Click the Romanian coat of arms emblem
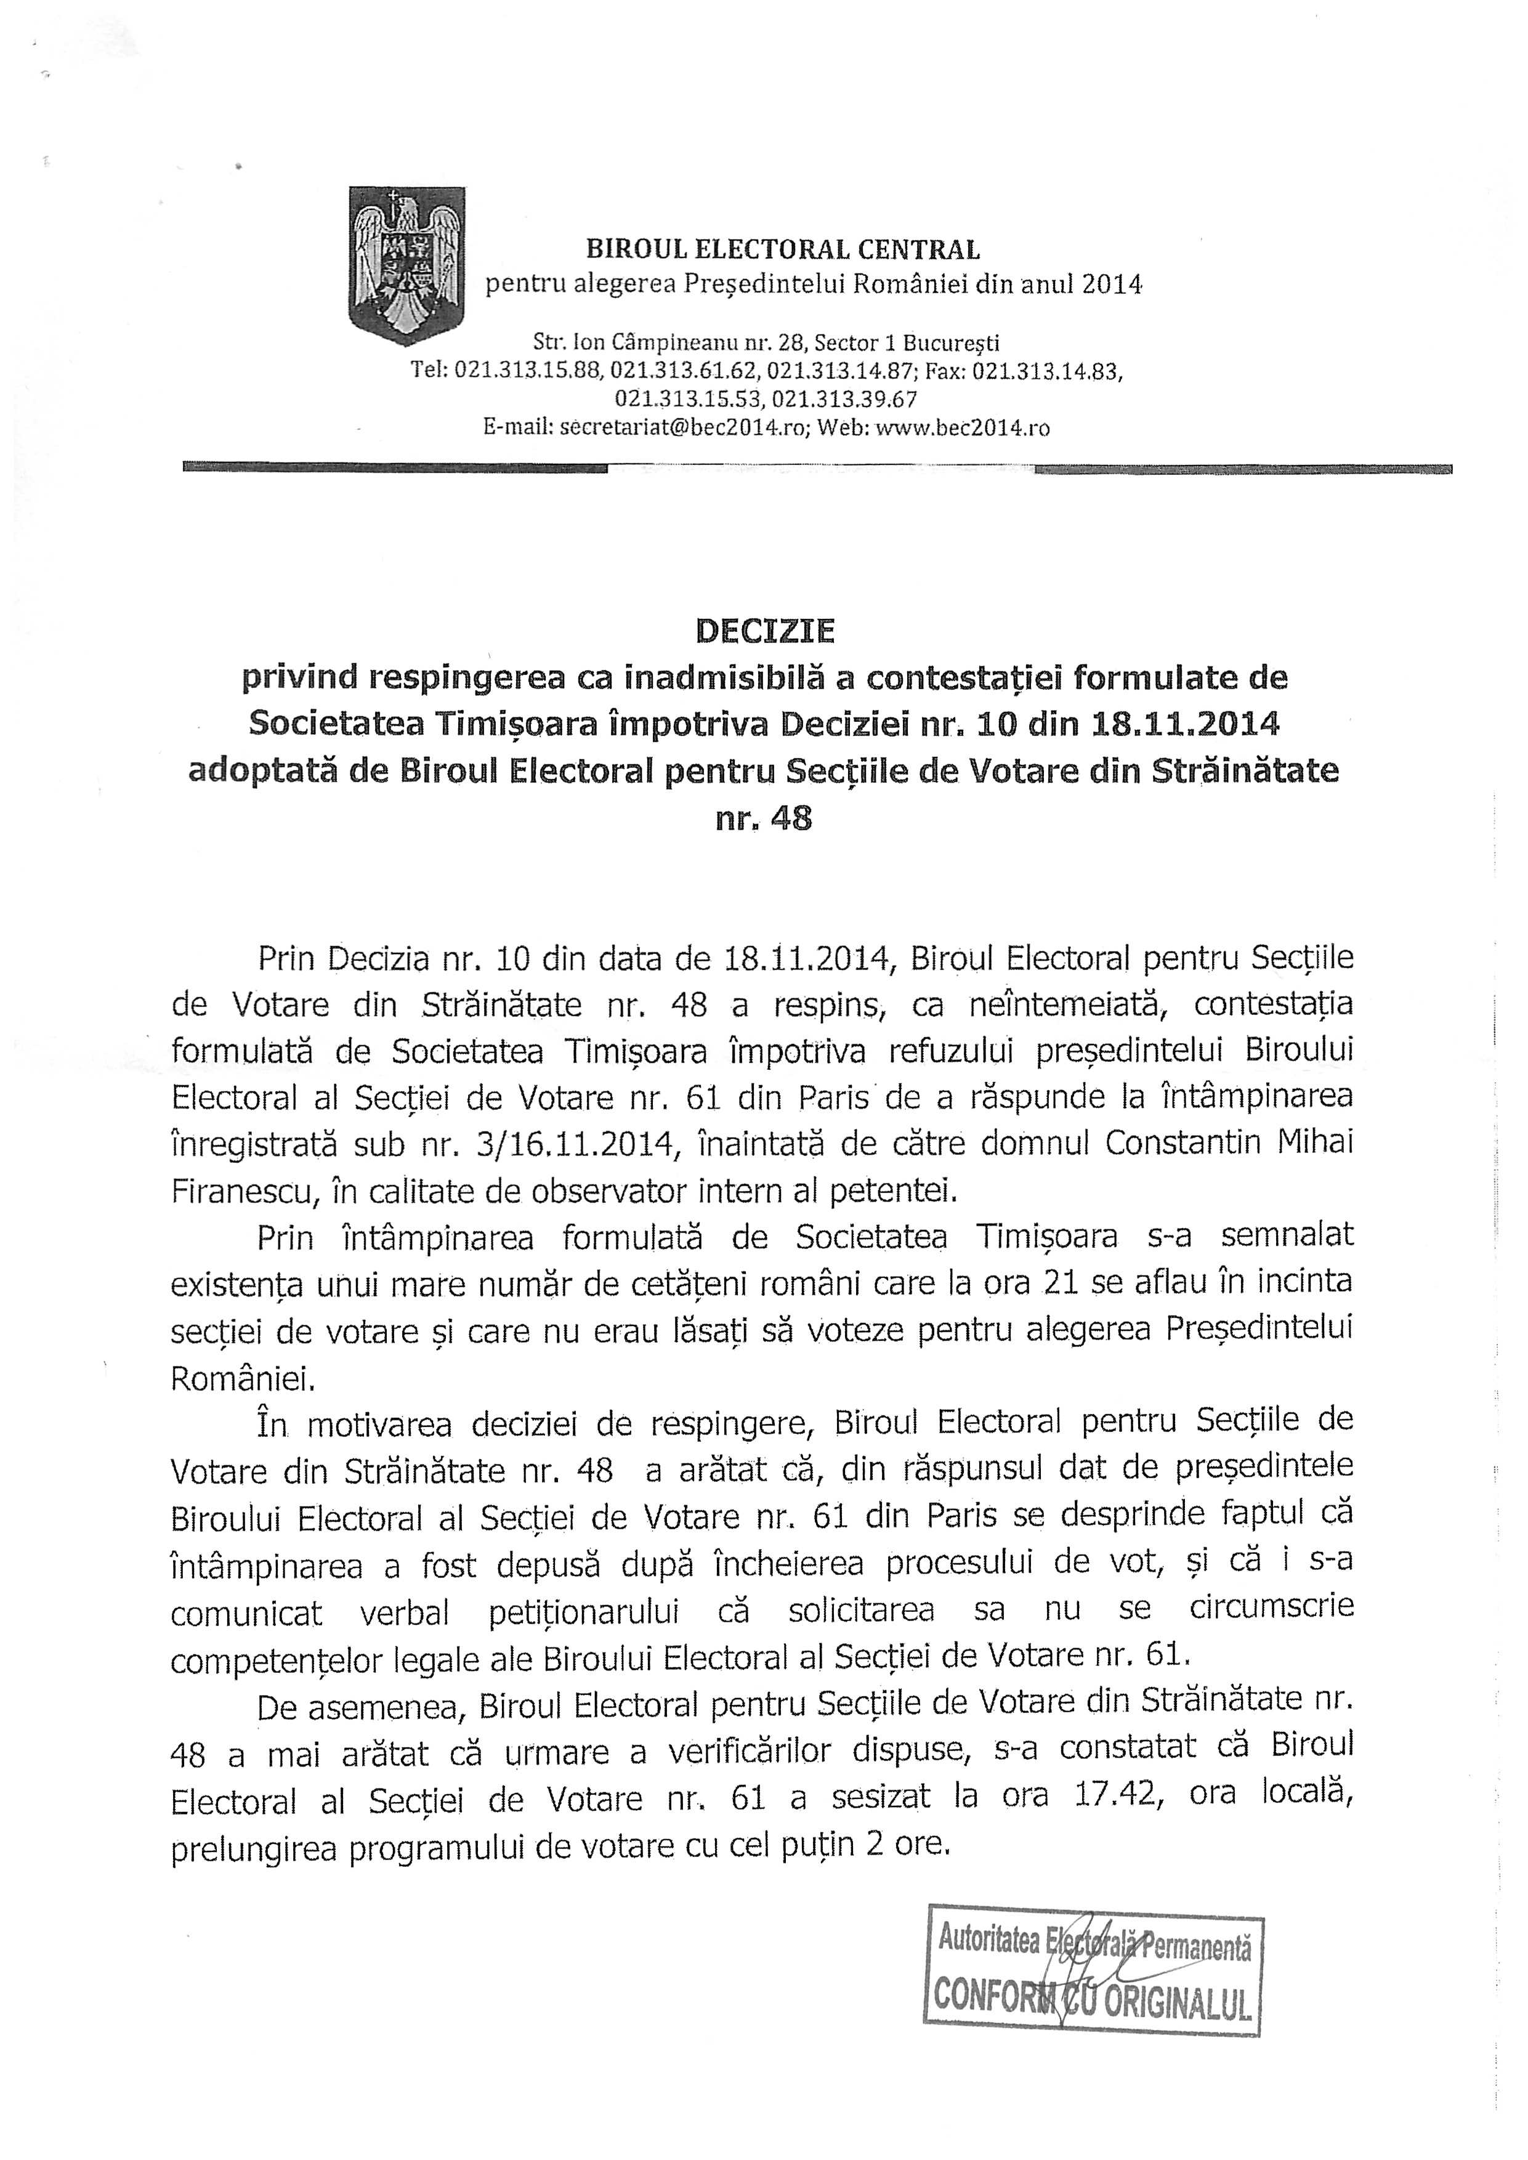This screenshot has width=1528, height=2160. (406, 266)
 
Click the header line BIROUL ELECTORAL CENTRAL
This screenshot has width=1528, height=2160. (783, 249)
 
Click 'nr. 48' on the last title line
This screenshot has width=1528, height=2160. (763, 819)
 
